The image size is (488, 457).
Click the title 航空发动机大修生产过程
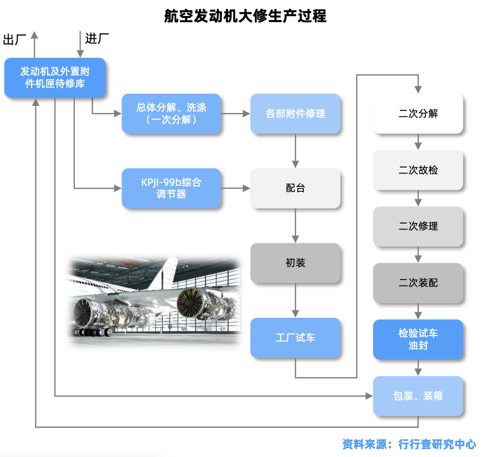(245, 16)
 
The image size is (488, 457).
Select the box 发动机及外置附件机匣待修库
(55, 78)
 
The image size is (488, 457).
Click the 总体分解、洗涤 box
(171, 114)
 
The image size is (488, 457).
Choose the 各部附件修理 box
(295, 114)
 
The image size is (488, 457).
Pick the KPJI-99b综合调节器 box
(171, 188)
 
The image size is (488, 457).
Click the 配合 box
(295, 188)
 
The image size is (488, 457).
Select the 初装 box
(295, 263)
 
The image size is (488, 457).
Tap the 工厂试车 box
(295, 337)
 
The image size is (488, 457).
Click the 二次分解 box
(418, 114)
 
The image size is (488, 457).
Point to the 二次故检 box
(418, 170)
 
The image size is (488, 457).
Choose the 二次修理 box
(418, 226)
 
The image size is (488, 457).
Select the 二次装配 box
(418, 283)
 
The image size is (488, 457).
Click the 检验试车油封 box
(418, 339)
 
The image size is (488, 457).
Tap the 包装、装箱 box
(418, 396)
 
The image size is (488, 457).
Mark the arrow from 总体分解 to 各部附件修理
(236, 114)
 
